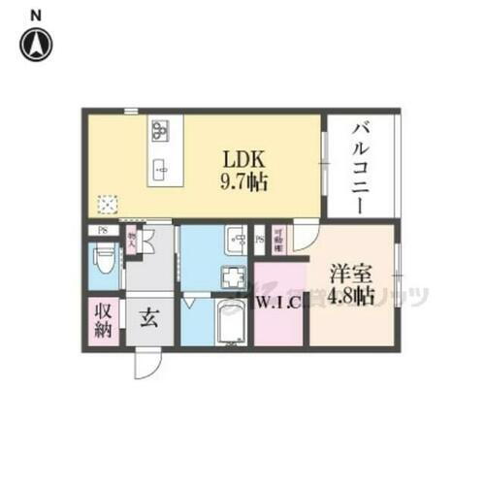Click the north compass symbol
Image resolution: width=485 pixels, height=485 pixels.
click(37, 43)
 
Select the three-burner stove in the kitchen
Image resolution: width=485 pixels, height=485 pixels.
click(161, 130)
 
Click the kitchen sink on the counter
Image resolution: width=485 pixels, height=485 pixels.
click(161, 168)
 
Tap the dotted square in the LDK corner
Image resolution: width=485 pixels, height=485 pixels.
click(108, 203)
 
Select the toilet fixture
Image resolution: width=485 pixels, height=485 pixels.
click(105, 261)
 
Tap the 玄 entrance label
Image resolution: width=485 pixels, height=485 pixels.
click(151, 318)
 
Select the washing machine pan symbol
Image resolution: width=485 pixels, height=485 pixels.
click(233, 278)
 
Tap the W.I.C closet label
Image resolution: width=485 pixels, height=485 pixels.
click(276, 300)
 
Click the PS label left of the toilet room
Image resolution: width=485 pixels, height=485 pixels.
click(100, 231)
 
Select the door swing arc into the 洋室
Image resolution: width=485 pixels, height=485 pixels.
click(306, 239)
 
